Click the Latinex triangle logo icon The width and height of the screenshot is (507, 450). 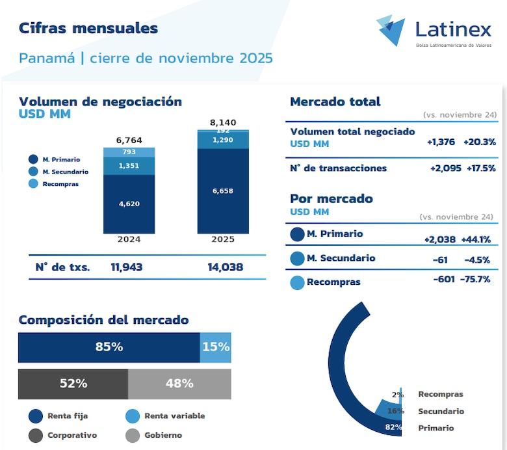click(391, 30)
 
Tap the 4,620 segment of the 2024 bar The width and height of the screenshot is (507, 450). click(129, 204)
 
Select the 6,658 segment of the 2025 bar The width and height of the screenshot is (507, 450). click(222, 191)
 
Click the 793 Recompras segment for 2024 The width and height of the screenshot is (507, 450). click(129, 153)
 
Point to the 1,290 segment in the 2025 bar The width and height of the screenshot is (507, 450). click(222, 140)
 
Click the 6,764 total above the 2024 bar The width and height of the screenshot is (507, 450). click(129, 140)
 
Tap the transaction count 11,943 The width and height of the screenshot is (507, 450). click(127, 267)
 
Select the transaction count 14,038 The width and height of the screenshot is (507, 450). click(222, 267)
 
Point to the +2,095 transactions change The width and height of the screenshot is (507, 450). click(445, 168)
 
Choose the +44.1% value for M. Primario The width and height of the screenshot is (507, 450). click(476, 239)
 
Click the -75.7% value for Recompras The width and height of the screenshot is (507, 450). click(476, 279)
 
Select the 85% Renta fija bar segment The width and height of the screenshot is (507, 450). click(109, 347)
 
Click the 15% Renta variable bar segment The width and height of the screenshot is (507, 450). click(216, 347)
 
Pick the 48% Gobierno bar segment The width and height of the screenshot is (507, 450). click(179, 384)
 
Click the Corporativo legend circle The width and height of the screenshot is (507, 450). click(36, 435)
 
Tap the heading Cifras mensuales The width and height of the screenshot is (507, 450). click(88, 28)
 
